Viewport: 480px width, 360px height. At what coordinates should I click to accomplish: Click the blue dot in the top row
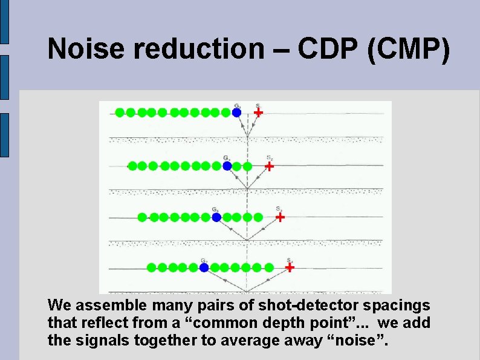236,113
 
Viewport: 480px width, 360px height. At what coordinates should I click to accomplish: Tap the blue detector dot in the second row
227,166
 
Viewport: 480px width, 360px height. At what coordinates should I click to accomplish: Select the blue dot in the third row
216,217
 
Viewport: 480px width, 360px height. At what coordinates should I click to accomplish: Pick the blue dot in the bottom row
204,267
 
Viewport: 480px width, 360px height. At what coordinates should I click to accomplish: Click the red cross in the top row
258,113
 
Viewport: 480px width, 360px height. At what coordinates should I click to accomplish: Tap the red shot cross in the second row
270,166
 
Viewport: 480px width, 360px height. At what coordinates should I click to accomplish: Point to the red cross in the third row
280,217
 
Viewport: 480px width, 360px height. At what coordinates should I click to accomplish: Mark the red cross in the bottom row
290,267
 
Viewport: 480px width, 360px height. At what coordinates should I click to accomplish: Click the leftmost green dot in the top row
120,113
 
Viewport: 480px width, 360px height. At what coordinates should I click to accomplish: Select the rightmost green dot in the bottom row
269,267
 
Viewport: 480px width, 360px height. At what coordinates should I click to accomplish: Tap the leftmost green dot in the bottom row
151,267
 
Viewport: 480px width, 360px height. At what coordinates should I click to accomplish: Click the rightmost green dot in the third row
258,217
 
